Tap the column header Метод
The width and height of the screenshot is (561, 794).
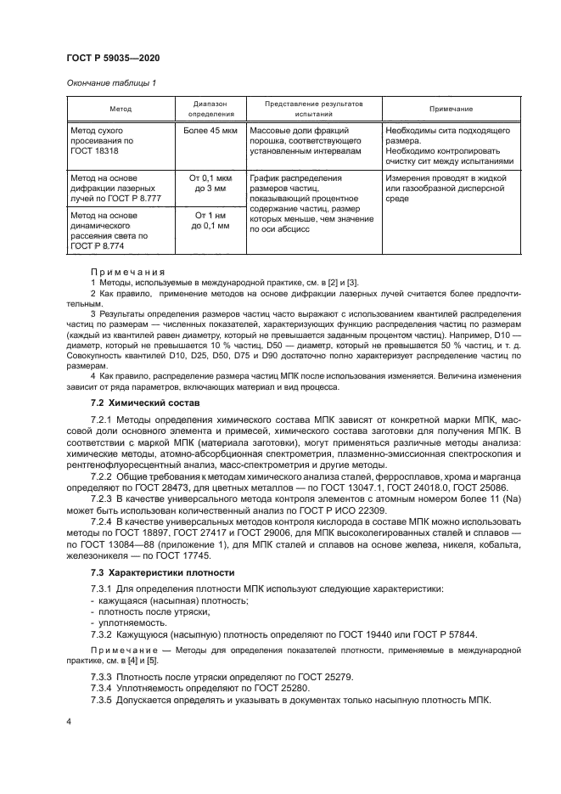click(x=120, y=109)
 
